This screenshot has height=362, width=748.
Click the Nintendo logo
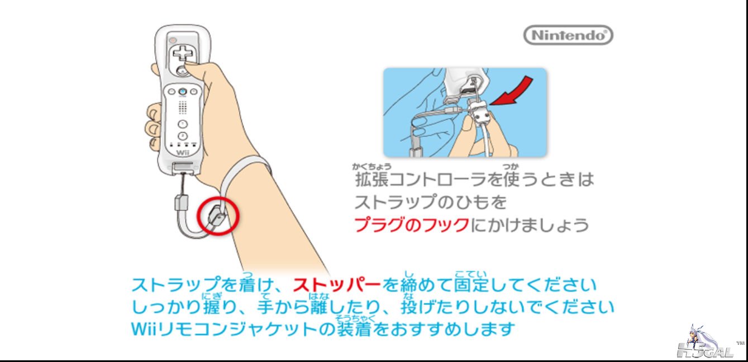tap(568, 35)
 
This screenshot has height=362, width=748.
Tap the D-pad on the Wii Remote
tap(182, 53)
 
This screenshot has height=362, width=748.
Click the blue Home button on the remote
tap(182, 91)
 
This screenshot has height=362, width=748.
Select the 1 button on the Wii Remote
tap(182, 124)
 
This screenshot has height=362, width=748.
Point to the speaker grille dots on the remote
tap(183, 107)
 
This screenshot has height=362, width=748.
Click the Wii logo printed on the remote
tap(183, 153)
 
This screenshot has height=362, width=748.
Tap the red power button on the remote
tap(173, 40)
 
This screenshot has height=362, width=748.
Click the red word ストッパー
tap(337, 285)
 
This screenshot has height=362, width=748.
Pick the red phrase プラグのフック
tap(411, 225)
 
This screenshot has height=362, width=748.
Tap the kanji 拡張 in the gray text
tap(371, 180)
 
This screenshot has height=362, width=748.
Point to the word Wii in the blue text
tap(144, 329)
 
